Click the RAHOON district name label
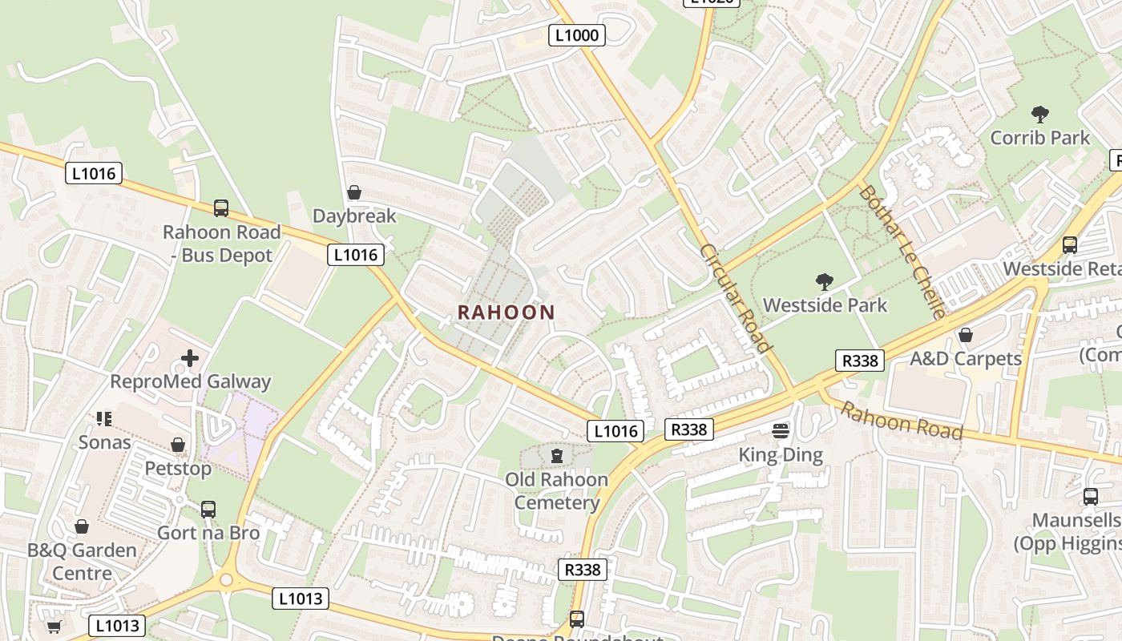[x=506, y=312]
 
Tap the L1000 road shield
[x=577, y=34]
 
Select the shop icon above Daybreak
[x=353, y=192]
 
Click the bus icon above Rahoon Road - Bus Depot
[x=221, y=208]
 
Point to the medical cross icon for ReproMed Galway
[x=190, y=358]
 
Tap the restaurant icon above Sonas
[x=104, y=418]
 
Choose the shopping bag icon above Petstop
[x=178, y=444]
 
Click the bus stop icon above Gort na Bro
[x=208, y=509]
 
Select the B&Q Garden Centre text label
[x=82, y=562]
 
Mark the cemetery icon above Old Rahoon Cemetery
[x=557, y=456]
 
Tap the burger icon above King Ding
[x=781, y=431]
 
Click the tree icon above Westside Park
[x=825, y=281]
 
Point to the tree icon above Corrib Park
[x=1040, y=114]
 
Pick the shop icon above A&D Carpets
[x=966, y=334]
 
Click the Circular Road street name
[x=735, y=298]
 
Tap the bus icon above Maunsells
[x=1091, y=496]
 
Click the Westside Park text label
[x=825, y=305]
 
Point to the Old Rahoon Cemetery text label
[x=557, y=490]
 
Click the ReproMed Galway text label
[x=190, y=381]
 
